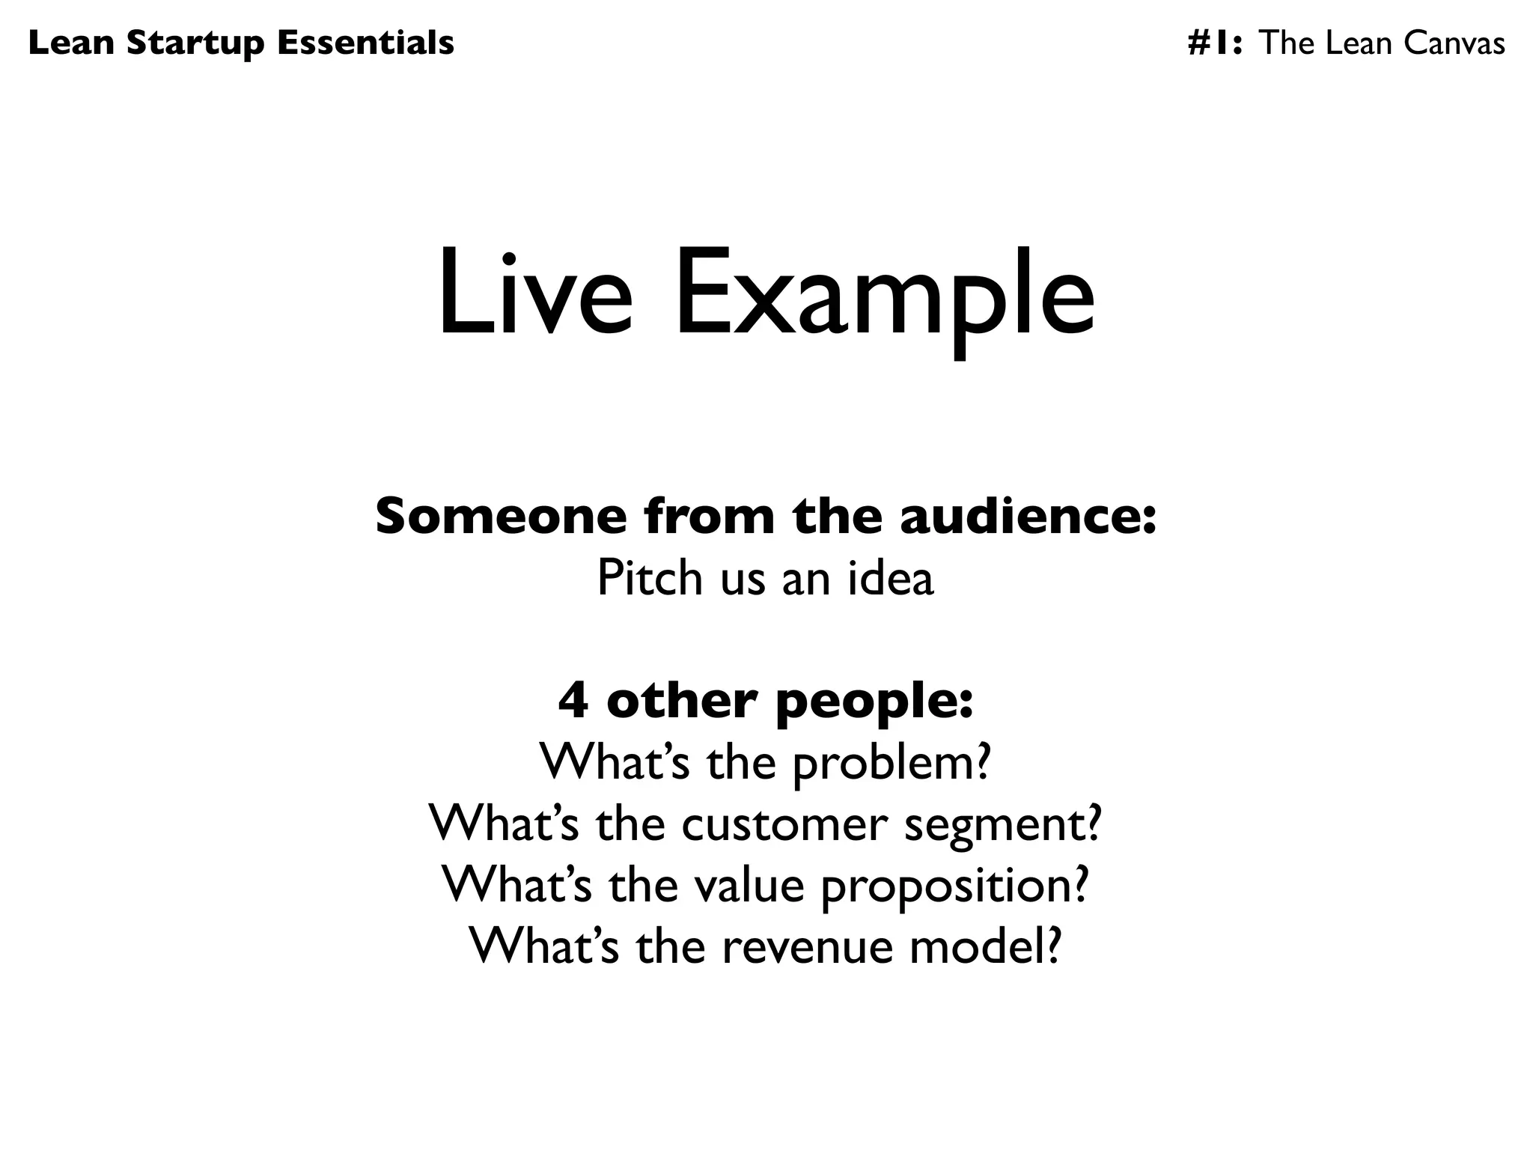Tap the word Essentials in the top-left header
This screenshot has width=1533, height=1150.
coord(365,43)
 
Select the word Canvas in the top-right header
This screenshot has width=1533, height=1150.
coord(1454,43)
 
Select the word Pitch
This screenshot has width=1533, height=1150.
coord(650,578)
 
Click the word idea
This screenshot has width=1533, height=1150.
coord(891,578)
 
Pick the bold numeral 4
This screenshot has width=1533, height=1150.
coord(573,702)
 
